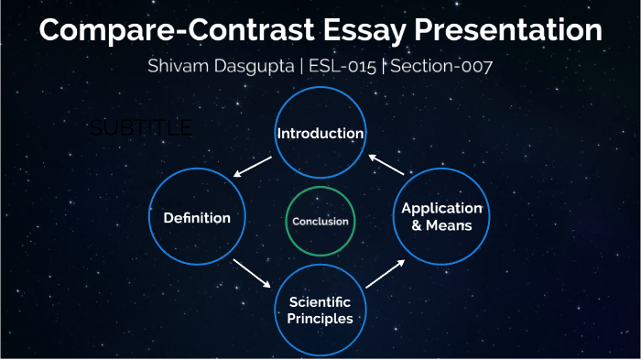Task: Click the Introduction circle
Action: click(x=320, y=134)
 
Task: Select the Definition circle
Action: click(x=196, y=218)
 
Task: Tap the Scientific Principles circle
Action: click(x=320, y=310)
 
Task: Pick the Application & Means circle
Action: click(x=442, y=216)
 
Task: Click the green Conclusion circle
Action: click(x=320, y=221)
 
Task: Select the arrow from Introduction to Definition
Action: click(x=252, y=167)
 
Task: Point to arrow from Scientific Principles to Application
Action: click(x=385, y=273)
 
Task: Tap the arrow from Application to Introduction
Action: click(x=386, y=165)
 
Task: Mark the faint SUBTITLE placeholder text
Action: click(x=142, y=128)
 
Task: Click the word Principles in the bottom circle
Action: click(x=320, y=319)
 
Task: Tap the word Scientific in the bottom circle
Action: click(x=320, y=301)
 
